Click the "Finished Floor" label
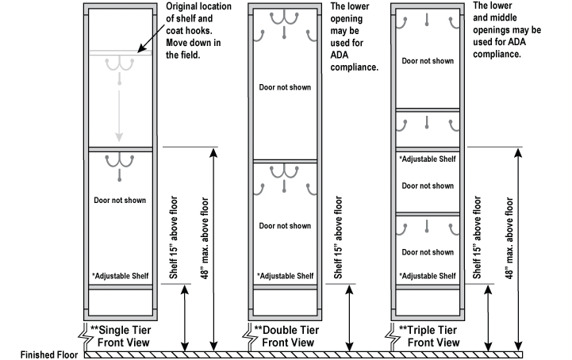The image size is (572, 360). click(x=38, y=354)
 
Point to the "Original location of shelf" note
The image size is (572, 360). click(x=191, y=32)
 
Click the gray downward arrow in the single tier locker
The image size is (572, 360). click(x=119, y=111)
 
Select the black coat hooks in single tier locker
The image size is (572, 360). click(x=119, y=161)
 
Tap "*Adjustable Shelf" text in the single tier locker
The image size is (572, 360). click(x=119, y=276)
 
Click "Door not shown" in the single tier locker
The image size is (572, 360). click(x=119, y=200)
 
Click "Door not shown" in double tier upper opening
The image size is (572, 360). click(x=284, y=87)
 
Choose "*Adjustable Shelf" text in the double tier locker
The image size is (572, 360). click(x=284, y=276)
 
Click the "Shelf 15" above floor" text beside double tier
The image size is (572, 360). click(x=338, y=238)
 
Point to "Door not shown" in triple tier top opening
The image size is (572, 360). click(x=427, y=61)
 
